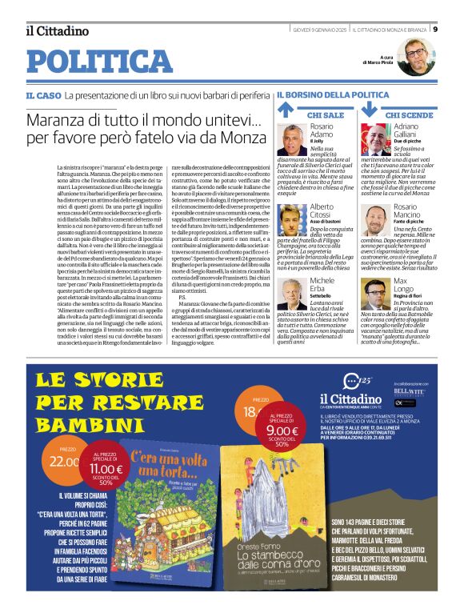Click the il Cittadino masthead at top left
[x=57, y=31]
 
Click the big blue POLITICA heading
[x=99, y=62]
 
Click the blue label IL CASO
[x=42, y=95]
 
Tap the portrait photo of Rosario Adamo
[x=293, y=138]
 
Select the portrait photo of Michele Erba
[x=293, y=293]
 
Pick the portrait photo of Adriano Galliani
[x=375, y=138]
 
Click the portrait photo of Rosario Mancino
[x=375, y=220]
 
